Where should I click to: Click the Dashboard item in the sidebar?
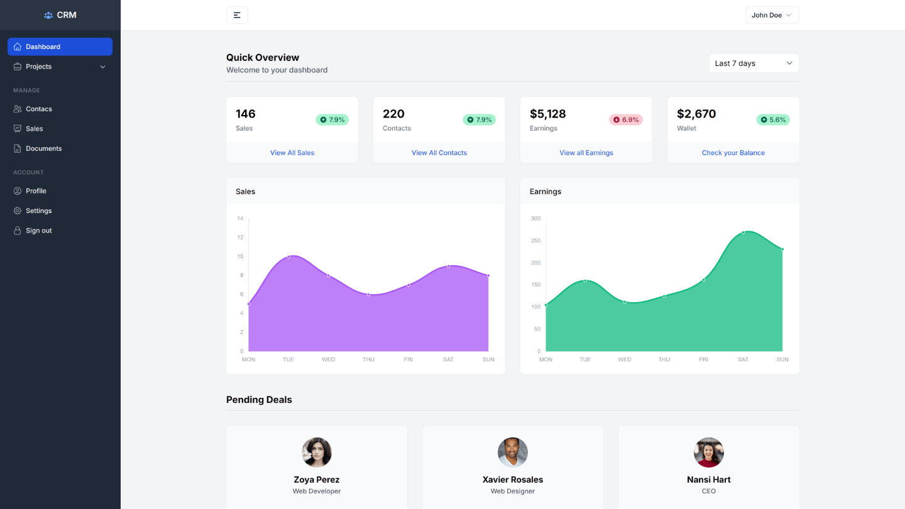coord(60,47)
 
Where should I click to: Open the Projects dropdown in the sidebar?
coord(60,67)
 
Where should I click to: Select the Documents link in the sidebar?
coord(43,149)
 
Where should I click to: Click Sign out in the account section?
coord(38,231)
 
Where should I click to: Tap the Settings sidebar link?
coord(38,211)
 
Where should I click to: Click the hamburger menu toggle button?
coord(237,15)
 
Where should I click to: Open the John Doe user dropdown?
coord(772,15)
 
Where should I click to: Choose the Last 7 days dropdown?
coord(754,63)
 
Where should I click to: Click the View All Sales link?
coord(292,153)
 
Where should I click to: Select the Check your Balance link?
coord(733,153)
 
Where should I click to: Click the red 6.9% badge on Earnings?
coord(625,119)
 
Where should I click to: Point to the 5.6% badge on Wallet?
coord(772,119)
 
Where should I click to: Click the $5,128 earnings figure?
coord(547,114)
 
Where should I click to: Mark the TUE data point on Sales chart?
coord(288,256)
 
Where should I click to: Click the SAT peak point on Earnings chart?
coord(743,233)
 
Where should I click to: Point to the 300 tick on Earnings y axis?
coord(535,219)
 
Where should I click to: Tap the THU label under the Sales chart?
coord(368,359)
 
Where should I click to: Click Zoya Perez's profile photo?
coord(317,452)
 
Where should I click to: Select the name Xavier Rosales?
coord(512,479)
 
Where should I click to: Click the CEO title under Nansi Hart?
coord(708,491)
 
